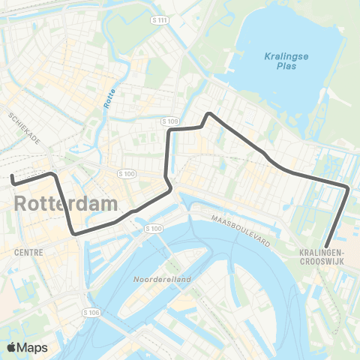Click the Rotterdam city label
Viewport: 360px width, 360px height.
pos(66,203)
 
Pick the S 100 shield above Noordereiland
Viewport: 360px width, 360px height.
pos(153,228)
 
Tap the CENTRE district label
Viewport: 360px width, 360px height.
pos(28,253)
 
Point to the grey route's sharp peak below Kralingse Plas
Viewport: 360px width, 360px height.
pos(209,114)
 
